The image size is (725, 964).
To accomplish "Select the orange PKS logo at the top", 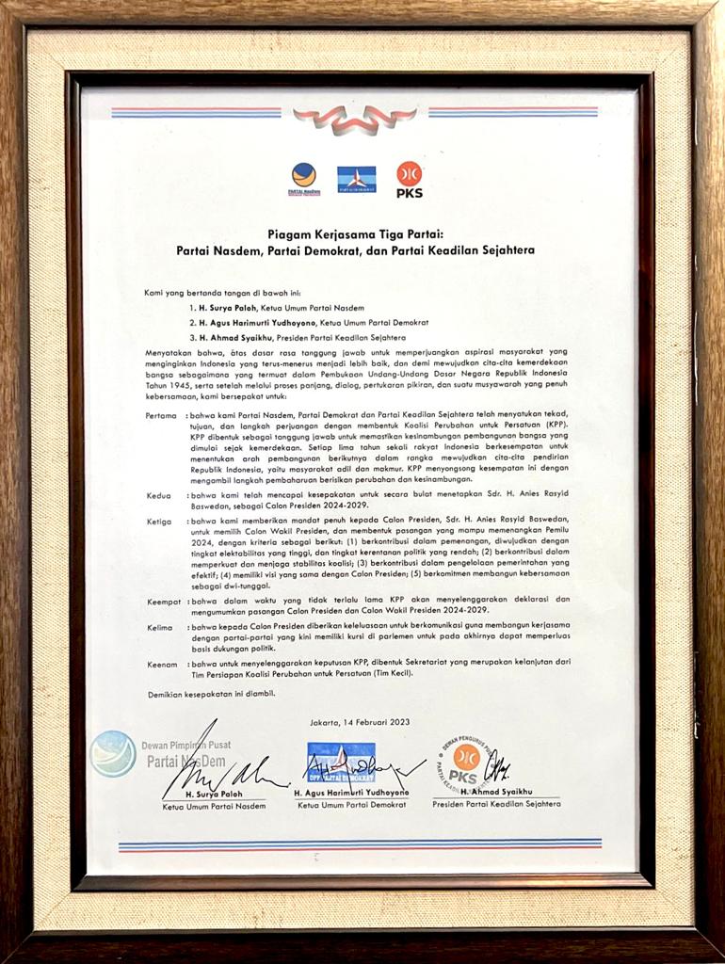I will [x=409, y=178].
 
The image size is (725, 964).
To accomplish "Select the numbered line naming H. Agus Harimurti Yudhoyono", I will [x=281, y=322].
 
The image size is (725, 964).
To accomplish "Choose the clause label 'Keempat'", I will [x=163, y=600].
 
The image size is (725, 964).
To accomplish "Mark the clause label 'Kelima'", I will [x=159, y=626].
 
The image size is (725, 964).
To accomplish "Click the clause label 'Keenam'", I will [x=162, y=664].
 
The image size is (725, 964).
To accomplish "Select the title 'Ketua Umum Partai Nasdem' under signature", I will [x=214, y=807].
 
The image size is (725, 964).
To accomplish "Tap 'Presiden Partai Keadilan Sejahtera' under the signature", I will [x=495, y=806].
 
